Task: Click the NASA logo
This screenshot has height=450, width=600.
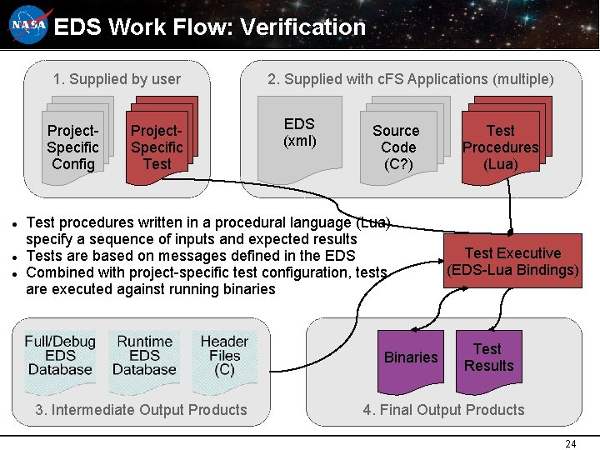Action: tap(30, 27)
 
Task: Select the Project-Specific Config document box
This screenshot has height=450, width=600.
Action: tap(73, 147)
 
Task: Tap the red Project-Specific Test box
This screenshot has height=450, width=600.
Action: tap(157, 147)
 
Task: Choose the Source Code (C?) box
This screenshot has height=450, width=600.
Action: tap(397, 147)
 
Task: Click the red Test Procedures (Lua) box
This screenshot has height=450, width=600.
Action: tap(501, 147)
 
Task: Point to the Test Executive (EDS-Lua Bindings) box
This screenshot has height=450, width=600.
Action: tap(513, 262)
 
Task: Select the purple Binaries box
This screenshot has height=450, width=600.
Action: tap(411, 357)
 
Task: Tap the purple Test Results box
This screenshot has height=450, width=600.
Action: tap(488, 357)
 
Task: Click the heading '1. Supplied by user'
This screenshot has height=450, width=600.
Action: tap(117, 79)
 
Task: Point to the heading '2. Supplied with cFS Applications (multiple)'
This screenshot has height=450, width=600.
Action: tap(410, 79)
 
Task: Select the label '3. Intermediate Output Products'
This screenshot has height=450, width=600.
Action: tap(141, 409)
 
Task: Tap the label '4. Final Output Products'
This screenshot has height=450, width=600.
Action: tap(443, 409)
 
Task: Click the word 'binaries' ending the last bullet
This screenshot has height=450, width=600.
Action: tap(248, 289)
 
